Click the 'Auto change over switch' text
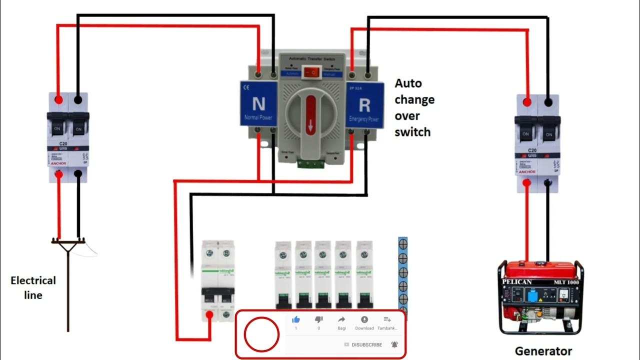coord(414,107)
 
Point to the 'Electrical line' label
coord(33,287)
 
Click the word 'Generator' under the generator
coord(543,351)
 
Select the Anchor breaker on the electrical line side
coord(68,137)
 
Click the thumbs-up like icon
coord(295,319)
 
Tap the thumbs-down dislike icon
coord(318,319)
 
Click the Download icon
coord(364,320)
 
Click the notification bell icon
coord(394,344)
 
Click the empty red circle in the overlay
coord(261,334)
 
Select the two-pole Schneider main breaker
coord(217,280)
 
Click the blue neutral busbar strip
coord(402,275)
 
